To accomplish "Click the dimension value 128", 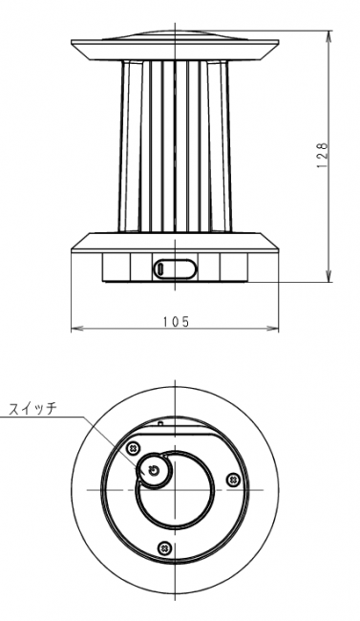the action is [323, 155].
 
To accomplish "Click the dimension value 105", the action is [177, 322].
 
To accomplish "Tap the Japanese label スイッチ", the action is [33, 408].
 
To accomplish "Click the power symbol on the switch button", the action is [154, 470].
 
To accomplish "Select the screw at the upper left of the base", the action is [134, 448].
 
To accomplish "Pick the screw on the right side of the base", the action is [233, 480].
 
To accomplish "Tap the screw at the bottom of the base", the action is [164, 547].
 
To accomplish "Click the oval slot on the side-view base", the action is [175, 268].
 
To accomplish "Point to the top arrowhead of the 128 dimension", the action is [328, 34].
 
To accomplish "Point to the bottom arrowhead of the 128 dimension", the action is [328, 277].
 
